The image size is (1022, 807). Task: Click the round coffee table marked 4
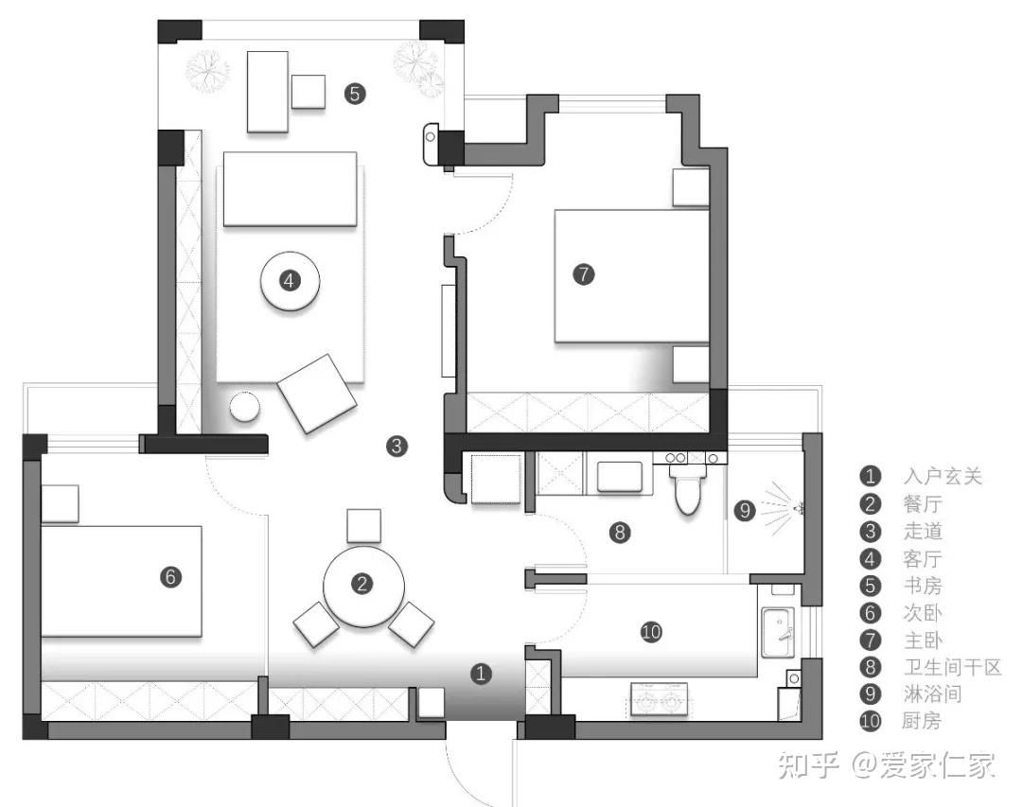coord(290,281)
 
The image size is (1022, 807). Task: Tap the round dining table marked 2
coord(363,586)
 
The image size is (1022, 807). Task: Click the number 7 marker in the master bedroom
coord(583,274)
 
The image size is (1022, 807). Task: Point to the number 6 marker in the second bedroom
coord(170,576)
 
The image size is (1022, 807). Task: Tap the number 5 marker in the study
coord(354,94)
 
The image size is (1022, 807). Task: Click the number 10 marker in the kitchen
coord(650,631)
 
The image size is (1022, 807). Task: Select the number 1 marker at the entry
coord(482,674)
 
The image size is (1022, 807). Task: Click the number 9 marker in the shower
coord(745,510)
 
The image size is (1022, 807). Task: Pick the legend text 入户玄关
coord(943,476)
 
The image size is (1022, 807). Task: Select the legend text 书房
coord(923,586)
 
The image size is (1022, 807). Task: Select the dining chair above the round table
coord(363,526)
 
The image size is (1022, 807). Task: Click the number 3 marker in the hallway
coord(397,445)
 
